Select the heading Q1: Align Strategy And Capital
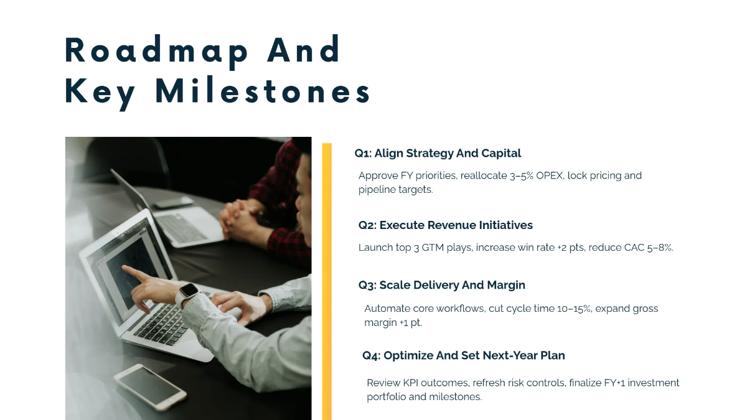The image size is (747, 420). (438, 153)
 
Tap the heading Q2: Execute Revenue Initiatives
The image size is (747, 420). (445, 225)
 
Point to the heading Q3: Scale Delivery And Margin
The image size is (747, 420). (441, 285)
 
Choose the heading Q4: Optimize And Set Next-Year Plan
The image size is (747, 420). (463, 356)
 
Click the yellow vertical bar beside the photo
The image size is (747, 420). (327, 280)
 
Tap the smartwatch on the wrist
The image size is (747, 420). (188, 292)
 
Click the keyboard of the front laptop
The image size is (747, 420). (163, 324)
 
